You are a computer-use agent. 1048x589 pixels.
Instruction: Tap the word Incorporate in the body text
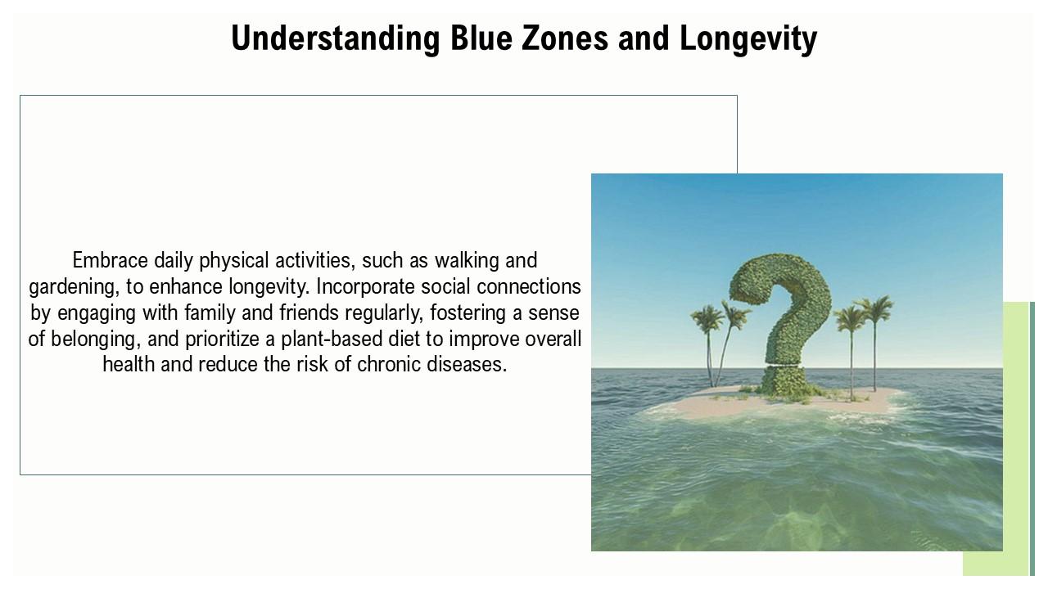click(x=364, y=286)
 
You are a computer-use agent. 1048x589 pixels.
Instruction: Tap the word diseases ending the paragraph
click(x=468, y=364)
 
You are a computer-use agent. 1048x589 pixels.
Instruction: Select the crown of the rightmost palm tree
click(x=874, y=309)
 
